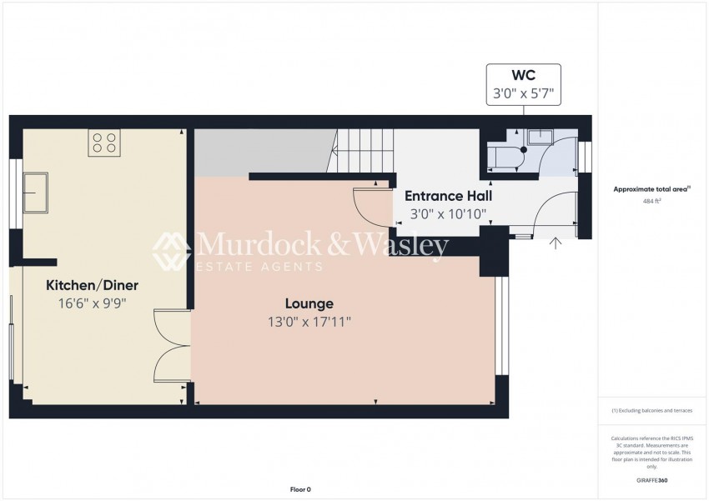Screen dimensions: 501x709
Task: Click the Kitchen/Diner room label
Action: [x=93, y=286]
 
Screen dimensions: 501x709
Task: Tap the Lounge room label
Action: [x=309, y=304]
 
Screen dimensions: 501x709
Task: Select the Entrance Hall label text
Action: [x=448, y=196]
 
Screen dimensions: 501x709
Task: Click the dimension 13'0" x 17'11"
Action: [x=309, y=322]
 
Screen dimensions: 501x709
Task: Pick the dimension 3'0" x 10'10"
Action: [x=448, y=213]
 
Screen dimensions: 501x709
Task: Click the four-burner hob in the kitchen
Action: [x=104, y=143]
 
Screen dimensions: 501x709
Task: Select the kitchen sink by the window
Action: [x=37, y=192]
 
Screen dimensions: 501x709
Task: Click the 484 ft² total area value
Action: [x=651, y=201]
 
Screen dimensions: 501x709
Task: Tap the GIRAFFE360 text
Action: [x=651, y=480]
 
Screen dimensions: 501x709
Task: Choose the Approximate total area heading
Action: [x=651, y=189]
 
